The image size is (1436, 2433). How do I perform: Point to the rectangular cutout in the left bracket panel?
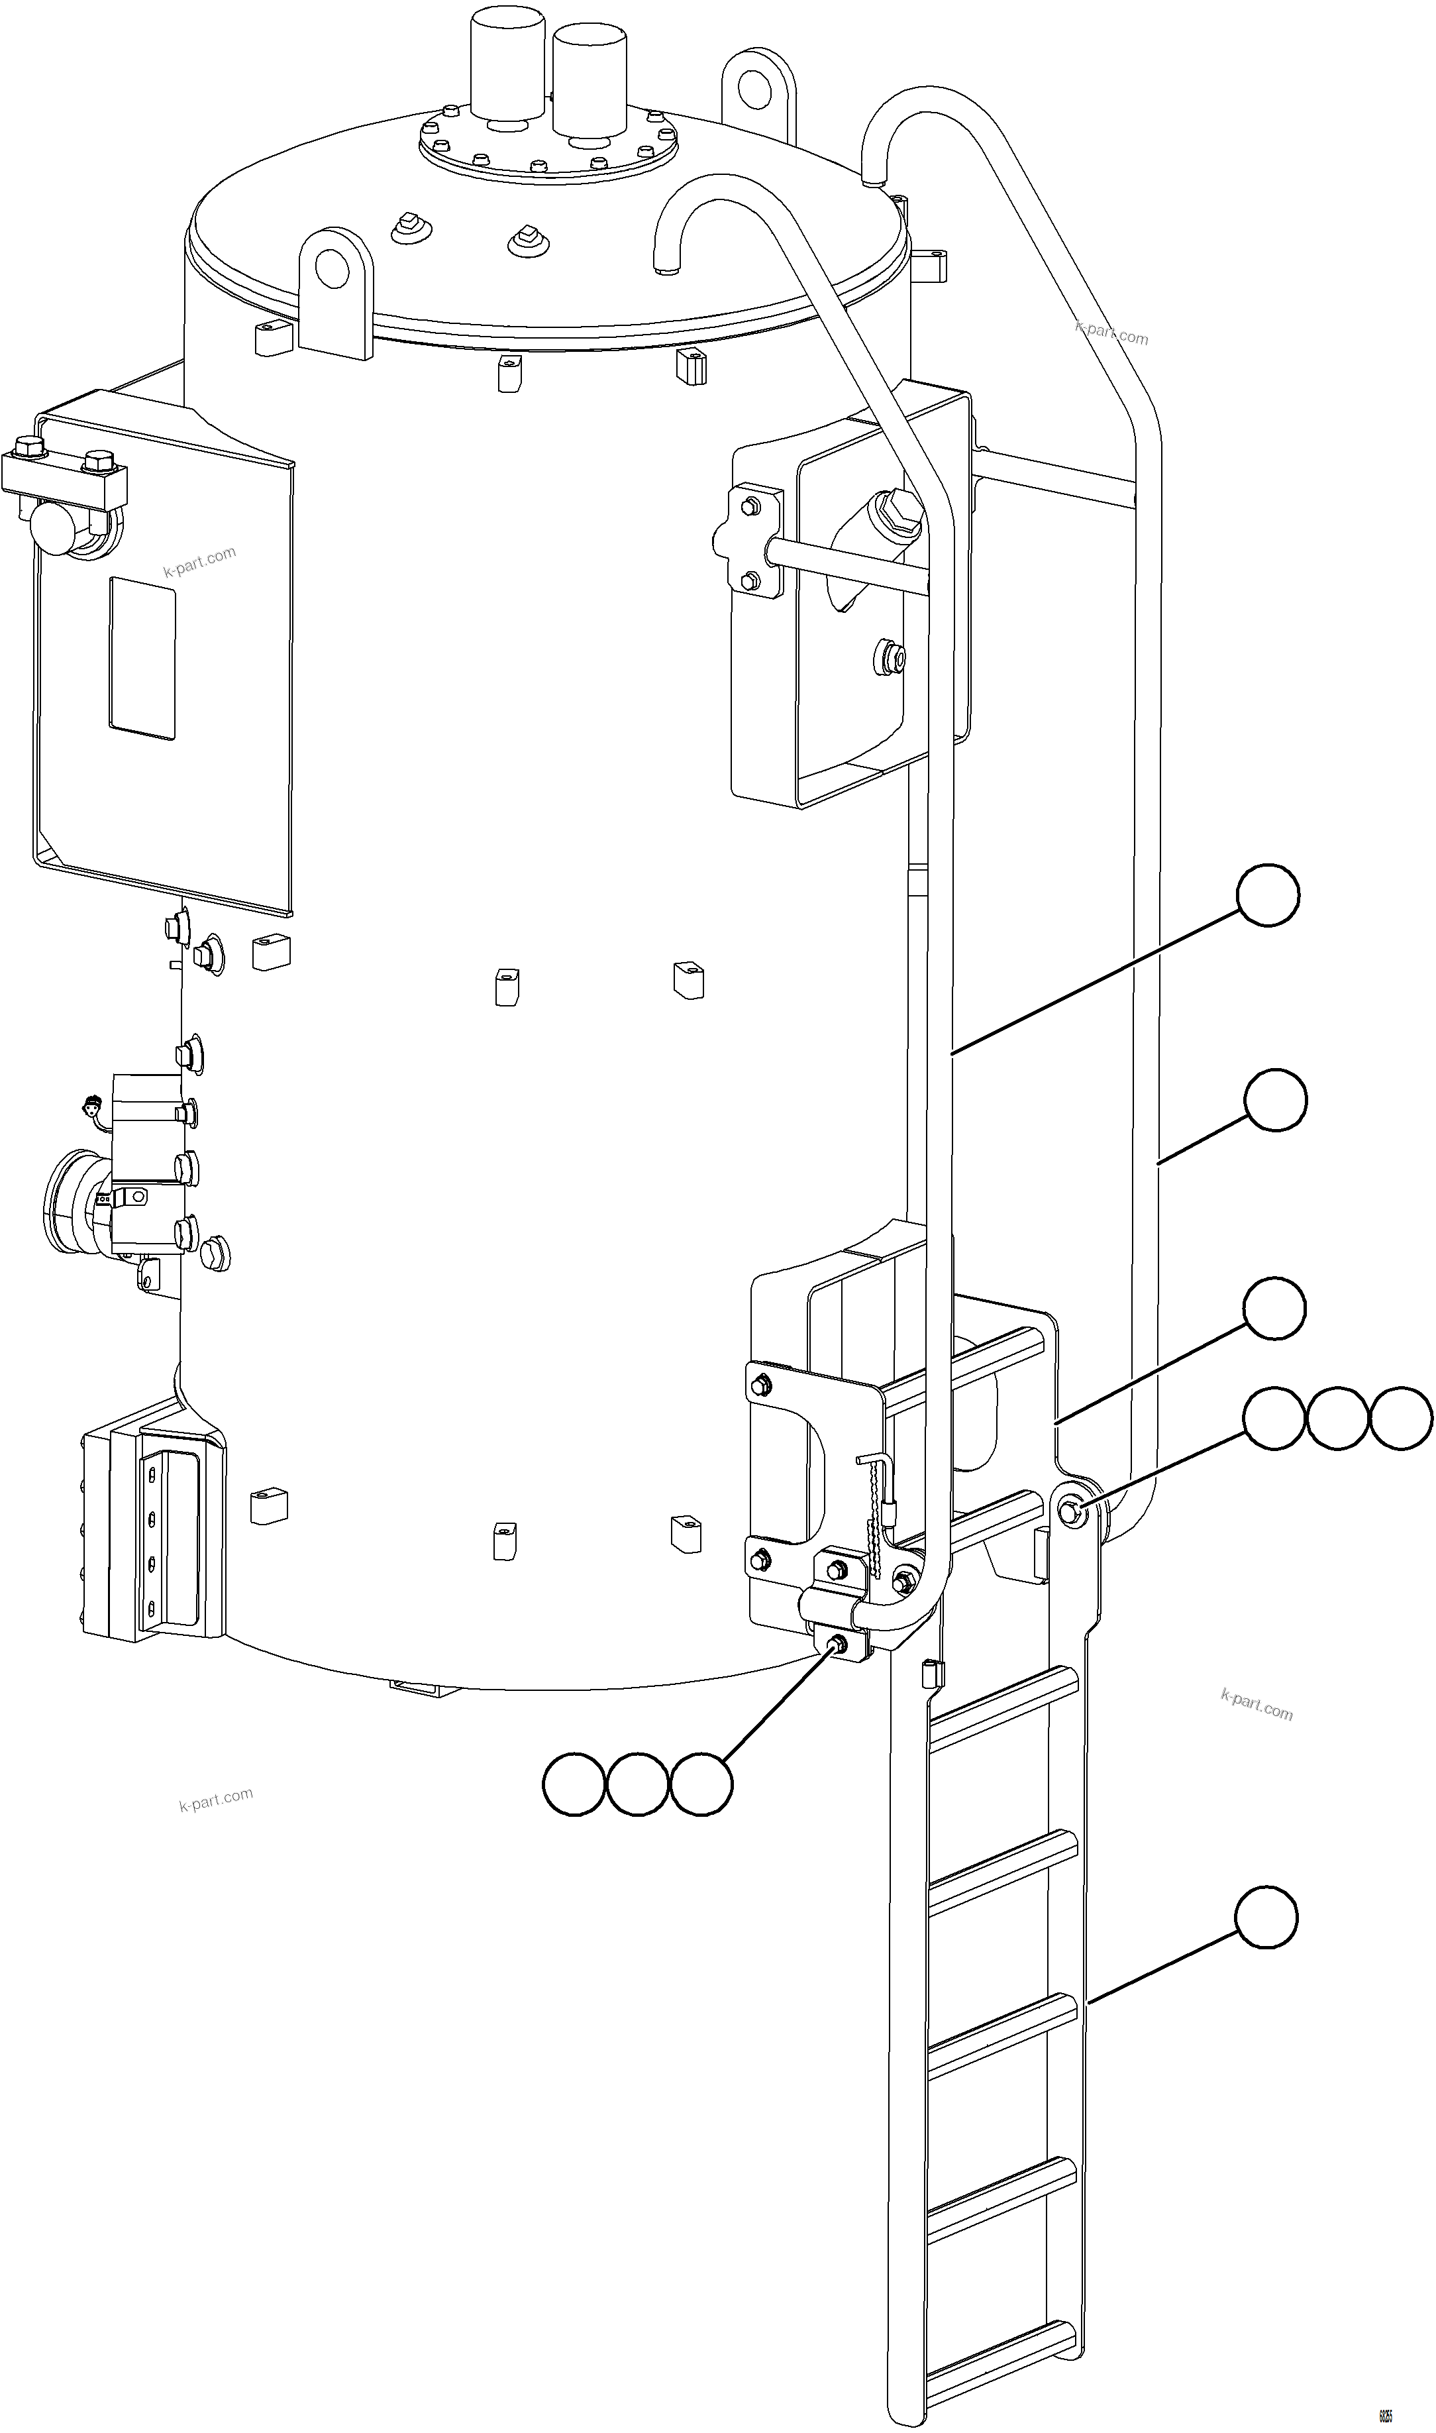(142, 658)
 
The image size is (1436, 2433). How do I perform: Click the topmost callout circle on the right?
(1268, 896)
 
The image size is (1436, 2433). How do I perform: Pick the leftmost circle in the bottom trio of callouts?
(574, 1784)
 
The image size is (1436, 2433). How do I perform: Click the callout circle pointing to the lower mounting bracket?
(1274, 1309)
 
